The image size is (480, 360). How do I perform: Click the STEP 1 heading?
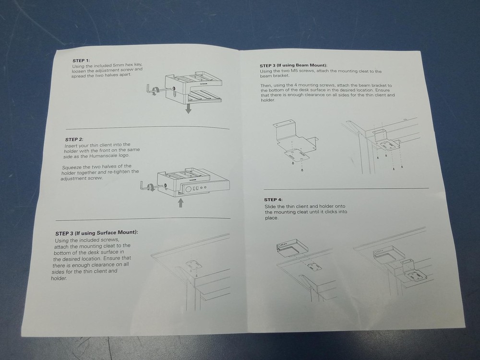81,60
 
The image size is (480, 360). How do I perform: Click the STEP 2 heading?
74,139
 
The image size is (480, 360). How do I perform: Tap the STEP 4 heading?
274,200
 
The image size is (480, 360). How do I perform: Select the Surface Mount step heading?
97,233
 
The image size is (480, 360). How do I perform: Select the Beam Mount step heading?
293,65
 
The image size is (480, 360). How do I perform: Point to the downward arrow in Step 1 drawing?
188,108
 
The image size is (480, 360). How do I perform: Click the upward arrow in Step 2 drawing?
181,203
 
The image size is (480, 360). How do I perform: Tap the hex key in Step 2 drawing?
152,186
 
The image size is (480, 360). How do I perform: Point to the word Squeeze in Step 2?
72,167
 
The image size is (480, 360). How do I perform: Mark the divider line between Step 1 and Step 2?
147,128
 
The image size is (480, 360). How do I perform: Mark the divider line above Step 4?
346,189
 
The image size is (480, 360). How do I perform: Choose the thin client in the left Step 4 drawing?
292,248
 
